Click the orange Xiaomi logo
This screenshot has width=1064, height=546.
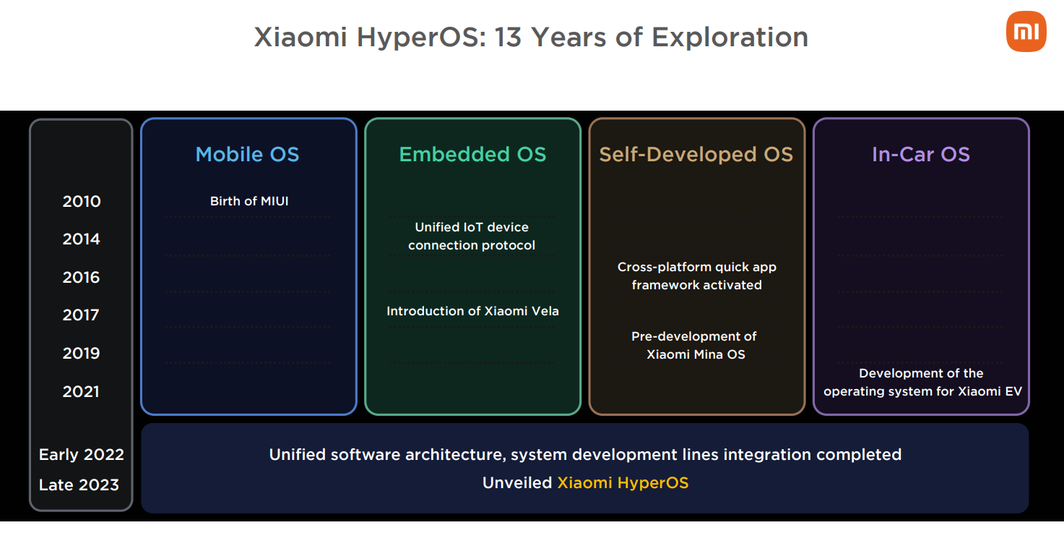point(1026,31)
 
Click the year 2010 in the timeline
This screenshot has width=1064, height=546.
point(82,201)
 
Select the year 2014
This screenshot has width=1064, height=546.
point(81,239)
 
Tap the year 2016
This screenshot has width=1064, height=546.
point(81,277)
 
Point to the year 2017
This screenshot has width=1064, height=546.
point(81,315)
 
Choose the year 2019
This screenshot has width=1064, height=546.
point(81,353)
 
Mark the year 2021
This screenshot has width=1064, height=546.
point(81,391)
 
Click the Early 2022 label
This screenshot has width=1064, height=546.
point(81,455)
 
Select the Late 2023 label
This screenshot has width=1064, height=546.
point(79,485)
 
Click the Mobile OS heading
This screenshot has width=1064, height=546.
point(248,154)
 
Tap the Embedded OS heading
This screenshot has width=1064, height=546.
point(472,154)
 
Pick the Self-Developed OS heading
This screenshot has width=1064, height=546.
point(696,154)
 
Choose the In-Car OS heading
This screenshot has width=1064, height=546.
point(920,154)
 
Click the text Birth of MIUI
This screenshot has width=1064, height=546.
point(249,201)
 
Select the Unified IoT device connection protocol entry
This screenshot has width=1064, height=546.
point(472,236)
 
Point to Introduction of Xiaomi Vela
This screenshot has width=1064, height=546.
point(472,311)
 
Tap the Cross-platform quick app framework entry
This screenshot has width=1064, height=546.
point(697,276)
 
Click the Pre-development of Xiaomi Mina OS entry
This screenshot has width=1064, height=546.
point(694,345)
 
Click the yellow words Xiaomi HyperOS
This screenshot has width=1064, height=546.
point(623,483)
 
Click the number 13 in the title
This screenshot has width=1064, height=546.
point(508,37)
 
